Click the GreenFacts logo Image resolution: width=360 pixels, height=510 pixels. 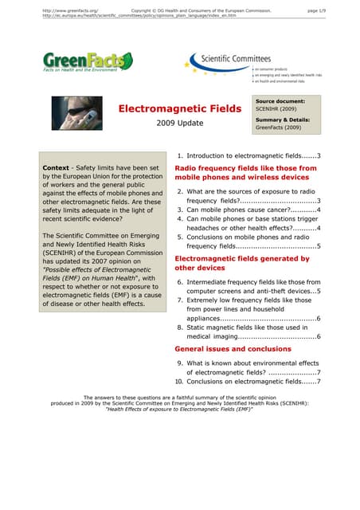88,62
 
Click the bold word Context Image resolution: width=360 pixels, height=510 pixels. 58,169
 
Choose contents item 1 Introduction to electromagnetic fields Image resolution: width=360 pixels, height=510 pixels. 247,155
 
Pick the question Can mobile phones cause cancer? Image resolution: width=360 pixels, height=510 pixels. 247,210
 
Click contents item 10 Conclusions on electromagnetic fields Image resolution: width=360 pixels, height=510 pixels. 247,382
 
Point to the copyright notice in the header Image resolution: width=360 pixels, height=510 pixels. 200,10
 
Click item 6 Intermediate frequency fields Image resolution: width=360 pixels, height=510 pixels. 247,282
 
